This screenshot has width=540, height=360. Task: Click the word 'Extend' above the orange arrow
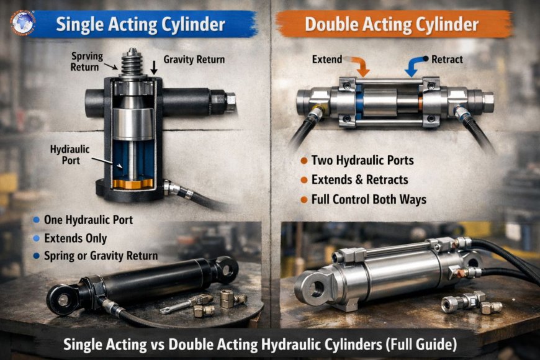pos(326,60)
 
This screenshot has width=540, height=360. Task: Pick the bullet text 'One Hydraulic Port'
pos(88,220)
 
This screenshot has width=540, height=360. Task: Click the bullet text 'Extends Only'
pos(76,238)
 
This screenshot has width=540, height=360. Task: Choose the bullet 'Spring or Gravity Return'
pos(101,256)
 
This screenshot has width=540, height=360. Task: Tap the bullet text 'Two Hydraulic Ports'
pos(362,161)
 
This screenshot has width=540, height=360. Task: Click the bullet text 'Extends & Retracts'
pos(359,180)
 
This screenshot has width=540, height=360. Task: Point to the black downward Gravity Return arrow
pos(154,68)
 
